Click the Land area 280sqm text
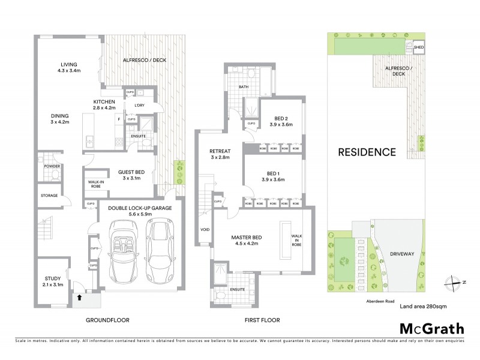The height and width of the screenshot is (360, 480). coord(422,306)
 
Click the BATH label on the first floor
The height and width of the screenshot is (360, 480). coord(243,87)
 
